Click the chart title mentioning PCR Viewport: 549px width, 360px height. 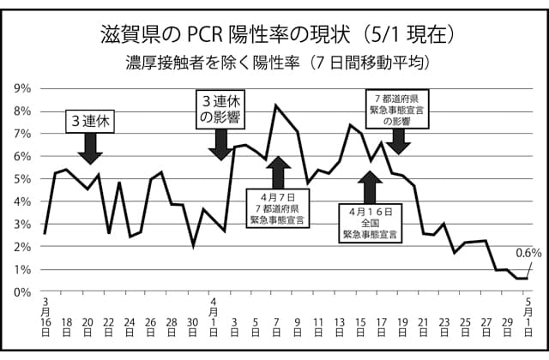click(x=272, y=35)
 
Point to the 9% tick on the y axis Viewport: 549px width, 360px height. click(x=22, y=88)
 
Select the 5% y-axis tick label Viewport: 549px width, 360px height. click(x=22, y=179)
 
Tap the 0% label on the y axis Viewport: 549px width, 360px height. click(x=22, y=292)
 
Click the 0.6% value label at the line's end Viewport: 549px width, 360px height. click(x=529, y=252)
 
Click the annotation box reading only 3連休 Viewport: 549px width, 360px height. click(x=90, y=122)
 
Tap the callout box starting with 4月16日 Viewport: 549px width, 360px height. click(x=371, y=222)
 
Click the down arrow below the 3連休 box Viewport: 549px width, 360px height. click(x=90, y=152)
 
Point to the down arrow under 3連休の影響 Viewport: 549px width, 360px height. click(x=220, y=145)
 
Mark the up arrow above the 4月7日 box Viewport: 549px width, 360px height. click(x=276, y=173)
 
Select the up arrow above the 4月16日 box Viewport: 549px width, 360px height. click(x=370, y=187)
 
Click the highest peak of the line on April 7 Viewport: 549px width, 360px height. click(x=275, y=105)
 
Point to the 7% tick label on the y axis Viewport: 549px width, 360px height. click(x=22, y=134)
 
